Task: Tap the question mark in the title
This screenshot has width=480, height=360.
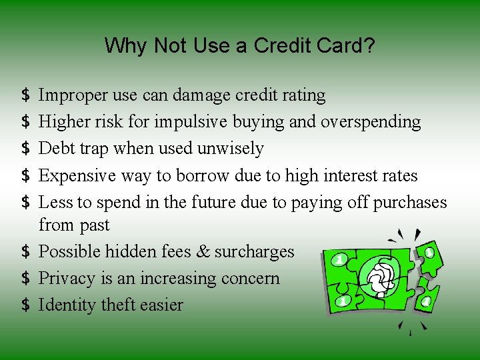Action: click(370, 46)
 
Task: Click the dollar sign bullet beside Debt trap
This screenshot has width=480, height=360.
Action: click(25, 149)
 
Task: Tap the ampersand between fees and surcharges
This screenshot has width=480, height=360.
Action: click(201, 251)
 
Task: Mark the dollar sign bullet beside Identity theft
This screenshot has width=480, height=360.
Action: click(25, 305)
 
